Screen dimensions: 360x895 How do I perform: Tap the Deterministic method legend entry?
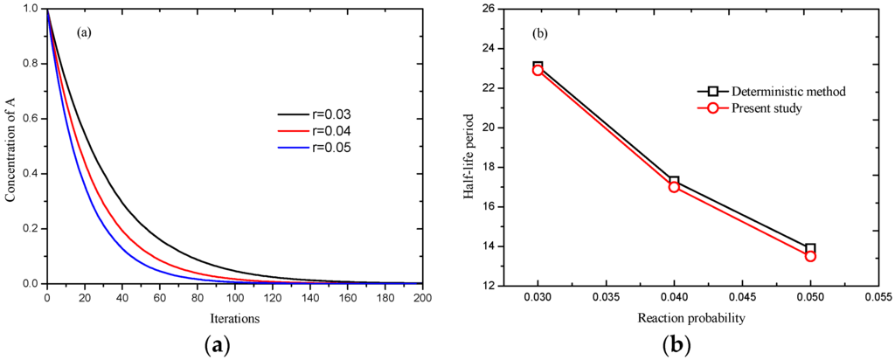pyautogui.click(x=761, y=91)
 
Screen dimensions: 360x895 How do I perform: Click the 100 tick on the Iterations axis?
pyautogui.click(x=234, y=297)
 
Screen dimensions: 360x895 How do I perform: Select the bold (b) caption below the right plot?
pyautogui.click(x=674, y=344)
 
